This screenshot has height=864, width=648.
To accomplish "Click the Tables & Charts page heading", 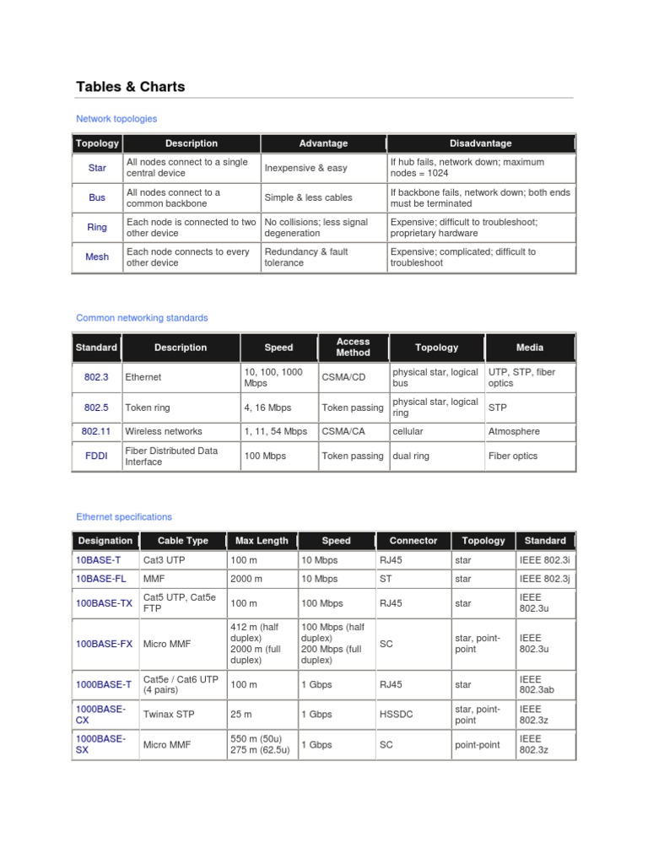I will pos(130,86).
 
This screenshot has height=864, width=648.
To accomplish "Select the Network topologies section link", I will pos(116,119).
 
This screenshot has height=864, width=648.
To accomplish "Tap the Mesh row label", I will pos(97,256).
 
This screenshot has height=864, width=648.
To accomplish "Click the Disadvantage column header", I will pos(480,143).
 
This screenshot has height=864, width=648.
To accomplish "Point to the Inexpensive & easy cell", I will pos(305,168).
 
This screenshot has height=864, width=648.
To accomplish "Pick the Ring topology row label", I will pos(97,227).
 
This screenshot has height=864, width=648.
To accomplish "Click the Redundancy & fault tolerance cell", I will pos(305,256).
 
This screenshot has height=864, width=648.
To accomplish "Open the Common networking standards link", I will pos(142,318).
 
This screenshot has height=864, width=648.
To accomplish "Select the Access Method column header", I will pos(353,347).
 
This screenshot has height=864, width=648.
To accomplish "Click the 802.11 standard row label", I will pos(96,431).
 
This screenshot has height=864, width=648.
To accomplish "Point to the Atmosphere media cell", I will pos(514,431).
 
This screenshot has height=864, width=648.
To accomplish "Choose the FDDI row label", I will pos(96,456).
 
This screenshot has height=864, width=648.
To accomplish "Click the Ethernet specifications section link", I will pos(123,516).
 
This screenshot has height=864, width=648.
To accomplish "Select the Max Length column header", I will pos(262,541).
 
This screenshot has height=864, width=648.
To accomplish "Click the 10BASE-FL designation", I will pos(100,579).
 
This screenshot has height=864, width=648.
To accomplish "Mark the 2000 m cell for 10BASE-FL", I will pos(246,579).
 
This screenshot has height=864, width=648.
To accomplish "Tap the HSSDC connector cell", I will pos(397,714).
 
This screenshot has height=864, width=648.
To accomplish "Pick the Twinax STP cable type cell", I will pos(169,714).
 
